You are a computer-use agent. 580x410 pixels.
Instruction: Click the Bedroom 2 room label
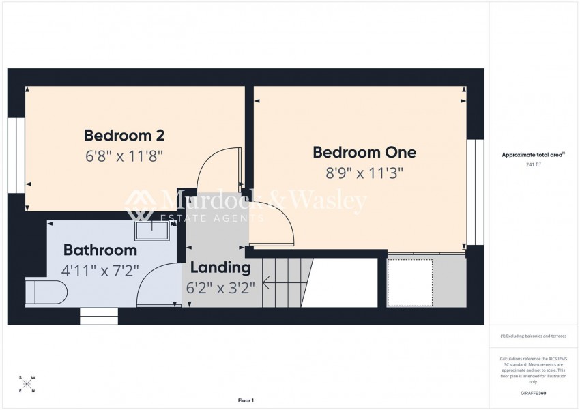tap(124, 134)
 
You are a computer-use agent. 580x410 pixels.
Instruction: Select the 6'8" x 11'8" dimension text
tap(124, 156)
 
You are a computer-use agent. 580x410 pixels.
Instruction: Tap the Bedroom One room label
tap(364, 152)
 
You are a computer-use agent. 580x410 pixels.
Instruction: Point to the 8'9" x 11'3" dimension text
tap(364, 173)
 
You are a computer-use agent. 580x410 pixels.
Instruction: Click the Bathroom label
tap(100, 250)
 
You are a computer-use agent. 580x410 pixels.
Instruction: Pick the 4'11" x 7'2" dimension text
tap(100, 270)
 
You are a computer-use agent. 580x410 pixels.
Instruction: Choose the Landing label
tap(220, 267)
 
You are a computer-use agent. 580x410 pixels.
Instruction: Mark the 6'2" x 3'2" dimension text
tap(221, 288)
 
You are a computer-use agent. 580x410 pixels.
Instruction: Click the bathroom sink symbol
tap(152, 231)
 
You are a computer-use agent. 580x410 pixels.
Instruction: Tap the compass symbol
tap(27, 383)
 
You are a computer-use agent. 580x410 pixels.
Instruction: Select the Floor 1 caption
tap(246, 400)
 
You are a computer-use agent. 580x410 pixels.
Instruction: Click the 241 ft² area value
tap(533, 165)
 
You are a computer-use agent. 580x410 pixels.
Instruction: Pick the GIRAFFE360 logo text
tap(533, 394)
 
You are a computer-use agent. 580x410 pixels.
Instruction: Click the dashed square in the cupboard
tap(410, 282)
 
